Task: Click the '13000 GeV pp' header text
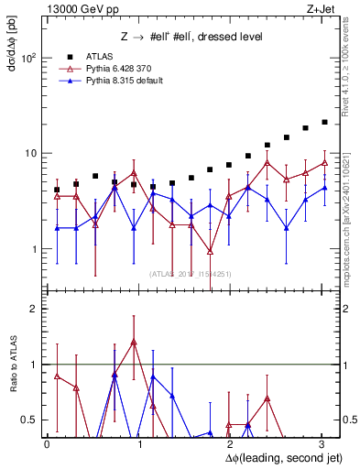76,9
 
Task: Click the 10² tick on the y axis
29,58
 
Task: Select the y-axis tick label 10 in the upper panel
31,153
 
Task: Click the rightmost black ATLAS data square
324,122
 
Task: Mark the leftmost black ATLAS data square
57,190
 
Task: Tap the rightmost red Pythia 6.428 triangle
324,163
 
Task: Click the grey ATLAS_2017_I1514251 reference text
183,274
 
